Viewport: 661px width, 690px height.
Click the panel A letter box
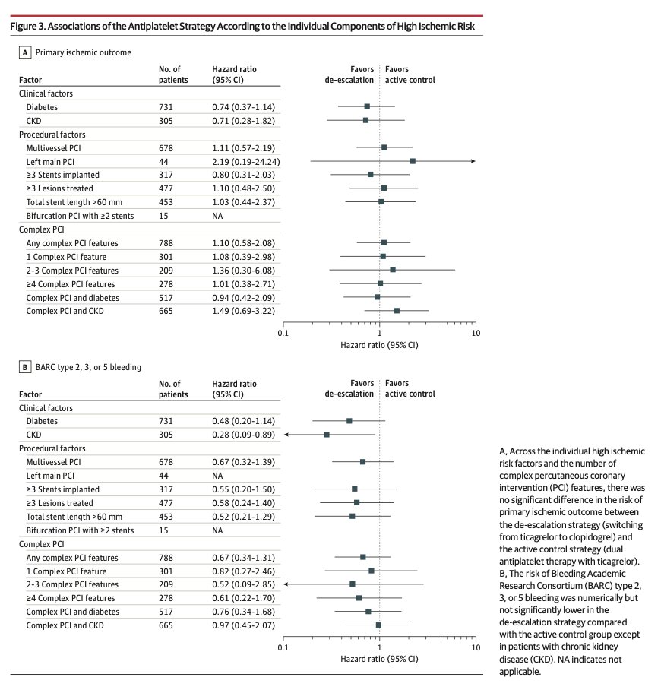(26, 52)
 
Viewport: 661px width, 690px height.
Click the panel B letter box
(26, 367)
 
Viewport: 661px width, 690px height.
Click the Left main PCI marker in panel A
(413, 161)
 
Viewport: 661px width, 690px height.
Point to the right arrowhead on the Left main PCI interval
(473, 161)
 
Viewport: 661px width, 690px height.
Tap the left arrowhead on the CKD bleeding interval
(287, 435)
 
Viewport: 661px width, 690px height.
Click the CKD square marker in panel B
(327, 435)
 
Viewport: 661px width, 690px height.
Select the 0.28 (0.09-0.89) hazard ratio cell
(243, 435)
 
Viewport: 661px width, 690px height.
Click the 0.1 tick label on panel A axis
(283, 333)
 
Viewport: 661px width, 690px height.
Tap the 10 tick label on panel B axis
(476, 647)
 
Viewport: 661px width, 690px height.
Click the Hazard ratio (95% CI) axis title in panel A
(379, 344)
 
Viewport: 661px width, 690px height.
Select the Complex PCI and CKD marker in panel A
(397, 311)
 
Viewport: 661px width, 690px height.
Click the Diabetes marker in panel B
(349, 421)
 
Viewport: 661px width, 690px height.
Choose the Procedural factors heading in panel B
(52, 448)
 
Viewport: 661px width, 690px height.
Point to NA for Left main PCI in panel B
(217, 476)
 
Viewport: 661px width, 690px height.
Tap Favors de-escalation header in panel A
(349, 74)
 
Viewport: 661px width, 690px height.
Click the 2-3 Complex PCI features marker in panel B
(352, 584)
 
